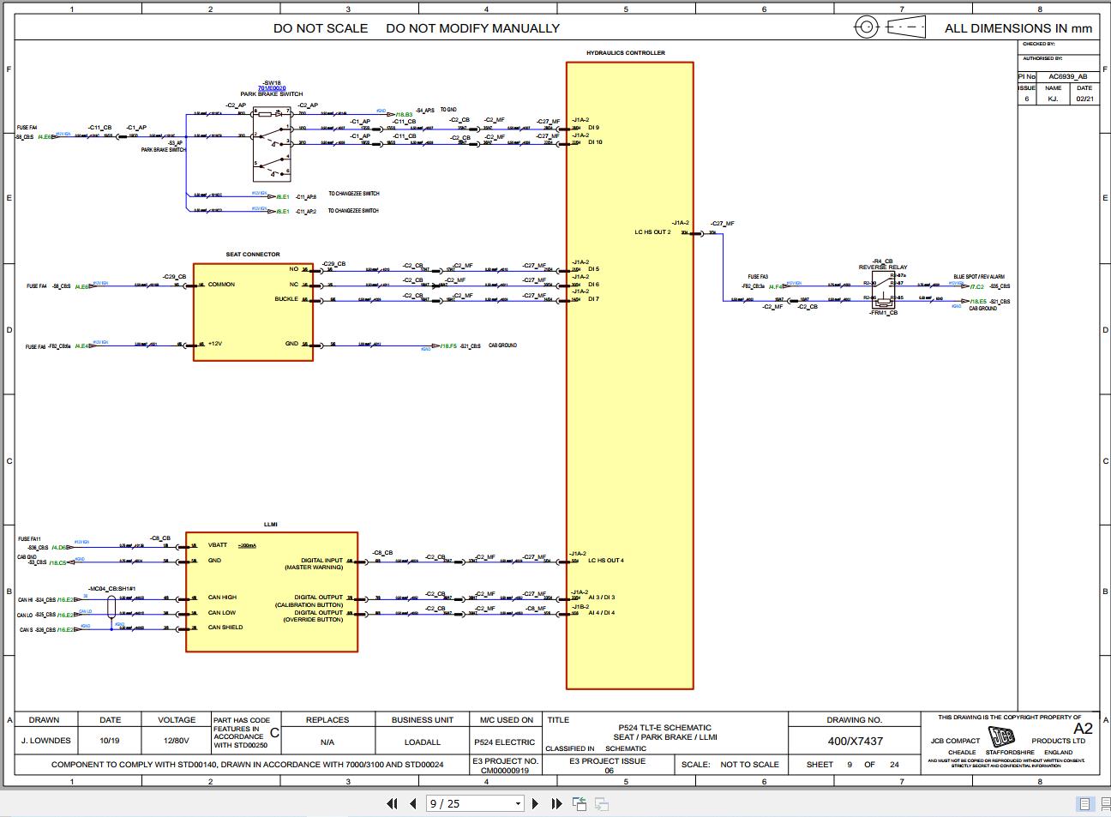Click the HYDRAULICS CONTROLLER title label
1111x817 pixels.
click(625, 53)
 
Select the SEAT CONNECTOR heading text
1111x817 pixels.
click(253, 255)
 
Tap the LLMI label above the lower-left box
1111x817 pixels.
click(270, 524)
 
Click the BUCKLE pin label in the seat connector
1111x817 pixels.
click(286, 299)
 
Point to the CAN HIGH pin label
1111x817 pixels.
click(222, 598)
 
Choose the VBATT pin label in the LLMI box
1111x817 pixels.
click(218, 545)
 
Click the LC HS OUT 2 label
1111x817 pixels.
click(652, 232)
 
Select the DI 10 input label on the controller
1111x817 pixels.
click(595, 142)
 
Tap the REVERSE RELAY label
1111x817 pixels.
click(883, 267)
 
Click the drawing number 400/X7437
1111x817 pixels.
click(855, 741)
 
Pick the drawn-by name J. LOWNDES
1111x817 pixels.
click(45, 741)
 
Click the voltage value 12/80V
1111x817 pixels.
click(177, 741)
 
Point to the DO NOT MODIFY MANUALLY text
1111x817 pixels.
click(472, 28)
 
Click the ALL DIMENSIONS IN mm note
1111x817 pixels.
click(1018, 28)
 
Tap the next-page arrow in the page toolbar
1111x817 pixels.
click(536, 803)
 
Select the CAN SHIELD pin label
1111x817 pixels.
click(225, 628)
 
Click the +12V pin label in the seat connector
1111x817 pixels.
click(215, 344)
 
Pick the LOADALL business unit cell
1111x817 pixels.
click(423, 742)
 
